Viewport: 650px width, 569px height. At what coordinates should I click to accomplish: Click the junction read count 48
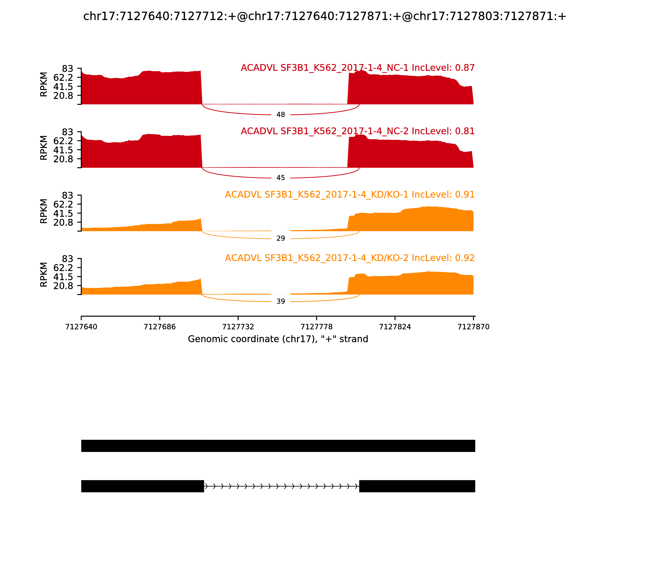pos(281,115)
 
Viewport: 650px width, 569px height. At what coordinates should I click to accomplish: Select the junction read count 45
pos(281,178)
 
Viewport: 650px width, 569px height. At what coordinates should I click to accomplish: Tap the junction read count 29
pos(281,238)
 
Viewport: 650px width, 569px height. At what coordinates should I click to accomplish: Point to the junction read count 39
pos(281,301)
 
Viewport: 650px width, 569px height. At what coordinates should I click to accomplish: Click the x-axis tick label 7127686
pos(160,327)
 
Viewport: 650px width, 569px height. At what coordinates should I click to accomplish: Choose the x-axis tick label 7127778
pos(316,327)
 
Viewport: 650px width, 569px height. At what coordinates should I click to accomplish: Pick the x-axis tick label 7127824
pos(395,327)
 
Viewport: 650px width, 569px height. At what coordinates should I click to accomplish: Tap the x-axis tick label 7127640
pos(81,327)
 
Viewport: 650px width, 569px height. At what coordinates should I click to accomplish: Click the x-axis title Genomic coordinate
pos(278,339)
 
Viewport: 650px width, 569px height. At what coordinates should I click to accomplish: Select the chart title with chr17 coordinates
pos(325,16)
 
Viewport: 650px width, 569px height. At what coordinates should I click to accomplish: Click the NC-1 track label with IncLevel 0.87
pos(358,68)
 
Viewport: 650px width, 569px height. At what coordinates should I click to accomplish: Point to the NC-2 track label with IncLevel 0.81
pos(358,131)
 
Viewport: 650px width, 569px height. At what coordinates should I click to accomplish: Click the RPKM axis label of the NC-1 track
pos(44,85)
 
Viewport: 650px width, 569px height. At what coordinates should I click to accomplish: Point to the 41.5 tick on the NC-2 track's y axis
pos(63,150)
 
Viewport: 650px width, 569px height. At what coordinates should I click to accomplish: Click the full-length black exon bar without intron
pos(278,446)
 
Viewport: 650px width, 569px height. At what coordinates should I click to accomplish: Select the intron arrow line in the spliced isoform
pos(281,486)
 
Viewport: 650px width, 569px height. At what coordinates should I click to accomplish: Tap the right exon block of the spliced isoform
pos(417,486)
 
